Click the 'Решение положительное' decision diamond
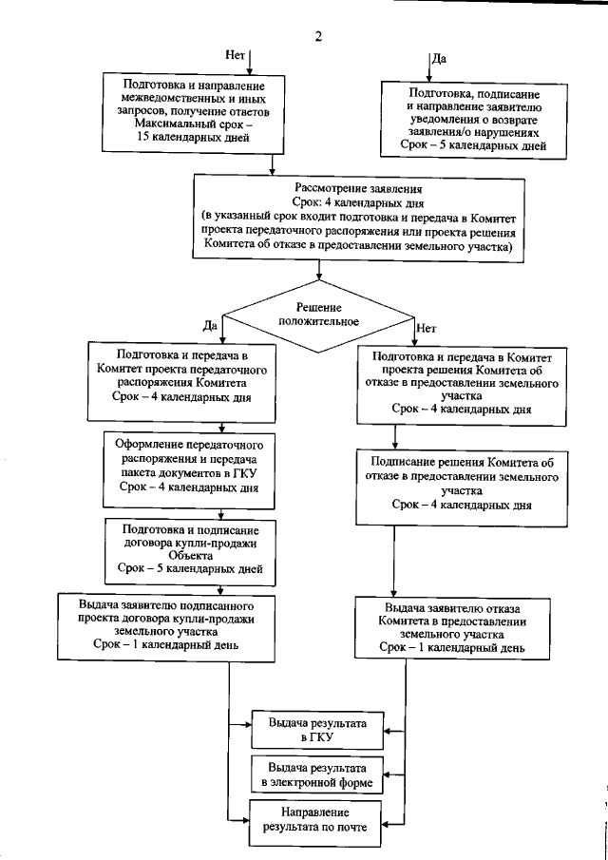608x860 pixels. pyautogui.click(x=318, y=315)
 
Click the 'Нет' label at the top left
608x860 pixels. pyautogui.click(x=237, y=54)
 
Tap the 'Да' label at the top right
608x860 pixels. pyautogui.click(x=440, y=58)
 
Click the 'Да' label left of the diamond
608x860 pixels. pyautogui.click(x=210, y=325)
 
